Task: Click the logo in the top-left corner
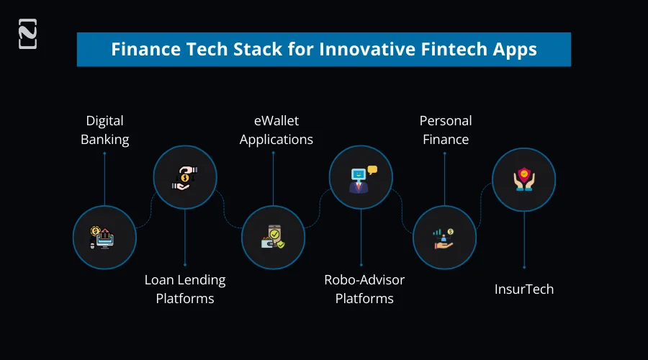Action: pyautogui.click(x=27, y=35)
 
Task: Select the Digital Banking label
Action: pyautogui.click(x=104, y=130)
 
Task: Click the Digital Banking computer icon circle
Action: pyautogui.click(x=104, y=238)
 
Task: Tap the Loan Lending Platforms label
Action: pyautogui.click(x=185, y=289)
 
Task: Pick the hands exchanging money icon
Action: pyautogui.click(x=185, y=177)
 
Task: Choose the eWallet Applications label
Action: pyautogui.click(x=276, y=130)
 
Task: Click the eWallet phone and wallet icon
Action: pyautogui.click(x=273, y=238)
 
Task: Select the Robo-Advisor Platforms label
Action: pyautogui.click(x=364, y=289)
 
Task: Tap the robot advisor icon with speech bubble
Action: pyautogui.click(x=361, y=177)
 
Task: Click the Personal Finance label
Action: pyautogui.click(x=445, y=130)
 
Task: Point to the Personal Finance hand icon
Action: pyautogui.click(x=444, y=238)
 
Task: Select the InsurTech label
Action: pyautogui.click(x=524, y=289)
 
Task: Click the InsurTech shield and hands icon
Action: pyautogui.click(x=523, y=180)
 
